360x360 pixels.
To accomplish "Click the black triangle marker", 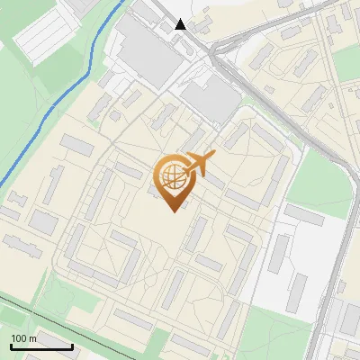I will click(181, 24).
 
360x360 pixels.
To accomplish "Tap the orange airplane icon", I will click(201, 165).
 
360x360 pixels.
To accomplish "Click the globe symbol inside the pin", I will click(171, 173).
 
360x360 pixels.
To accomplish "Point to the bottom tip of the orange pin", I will click(171, 211).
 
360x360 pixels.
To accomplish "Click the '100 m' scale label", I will click(23, 337).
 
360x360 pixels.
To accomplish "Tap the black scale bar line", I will click(41, 346).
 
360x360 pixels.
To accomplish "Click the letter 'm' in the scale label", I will click(32, 337).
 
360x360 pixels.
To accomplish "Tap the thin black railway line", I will click(54, 310).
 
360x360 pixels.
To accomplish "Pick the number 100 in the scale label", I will click(19, 337).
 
